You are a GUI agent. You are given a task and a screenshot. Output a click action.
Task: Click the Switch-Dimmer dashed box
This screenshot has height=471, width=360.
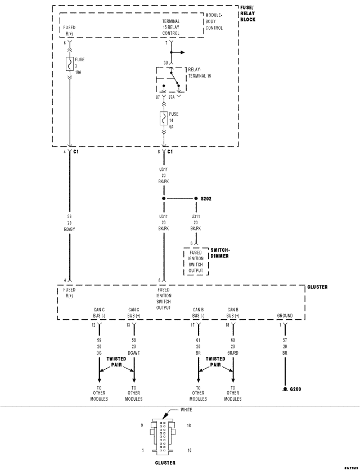pos(196,260)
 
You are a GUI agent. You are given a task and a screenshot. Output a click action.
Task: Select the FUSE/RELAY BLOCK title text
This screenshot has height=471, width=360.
pos(247,13)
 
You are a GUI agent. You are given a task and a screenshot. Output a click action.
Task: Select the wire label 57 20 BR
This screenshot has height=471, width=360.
pos(285,347)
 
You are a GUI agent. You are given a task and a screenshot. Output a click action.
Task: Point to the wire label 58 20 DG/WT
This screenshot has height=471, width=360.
pos(133,347)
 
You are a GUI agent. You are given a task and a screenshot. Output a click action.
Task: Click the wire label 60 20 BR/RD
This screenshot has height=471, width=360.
pos(232,347)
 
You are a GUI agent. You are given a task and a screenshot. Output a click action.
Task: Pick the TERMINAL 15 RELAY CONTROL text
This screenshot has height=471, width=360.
pos(170,27)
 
